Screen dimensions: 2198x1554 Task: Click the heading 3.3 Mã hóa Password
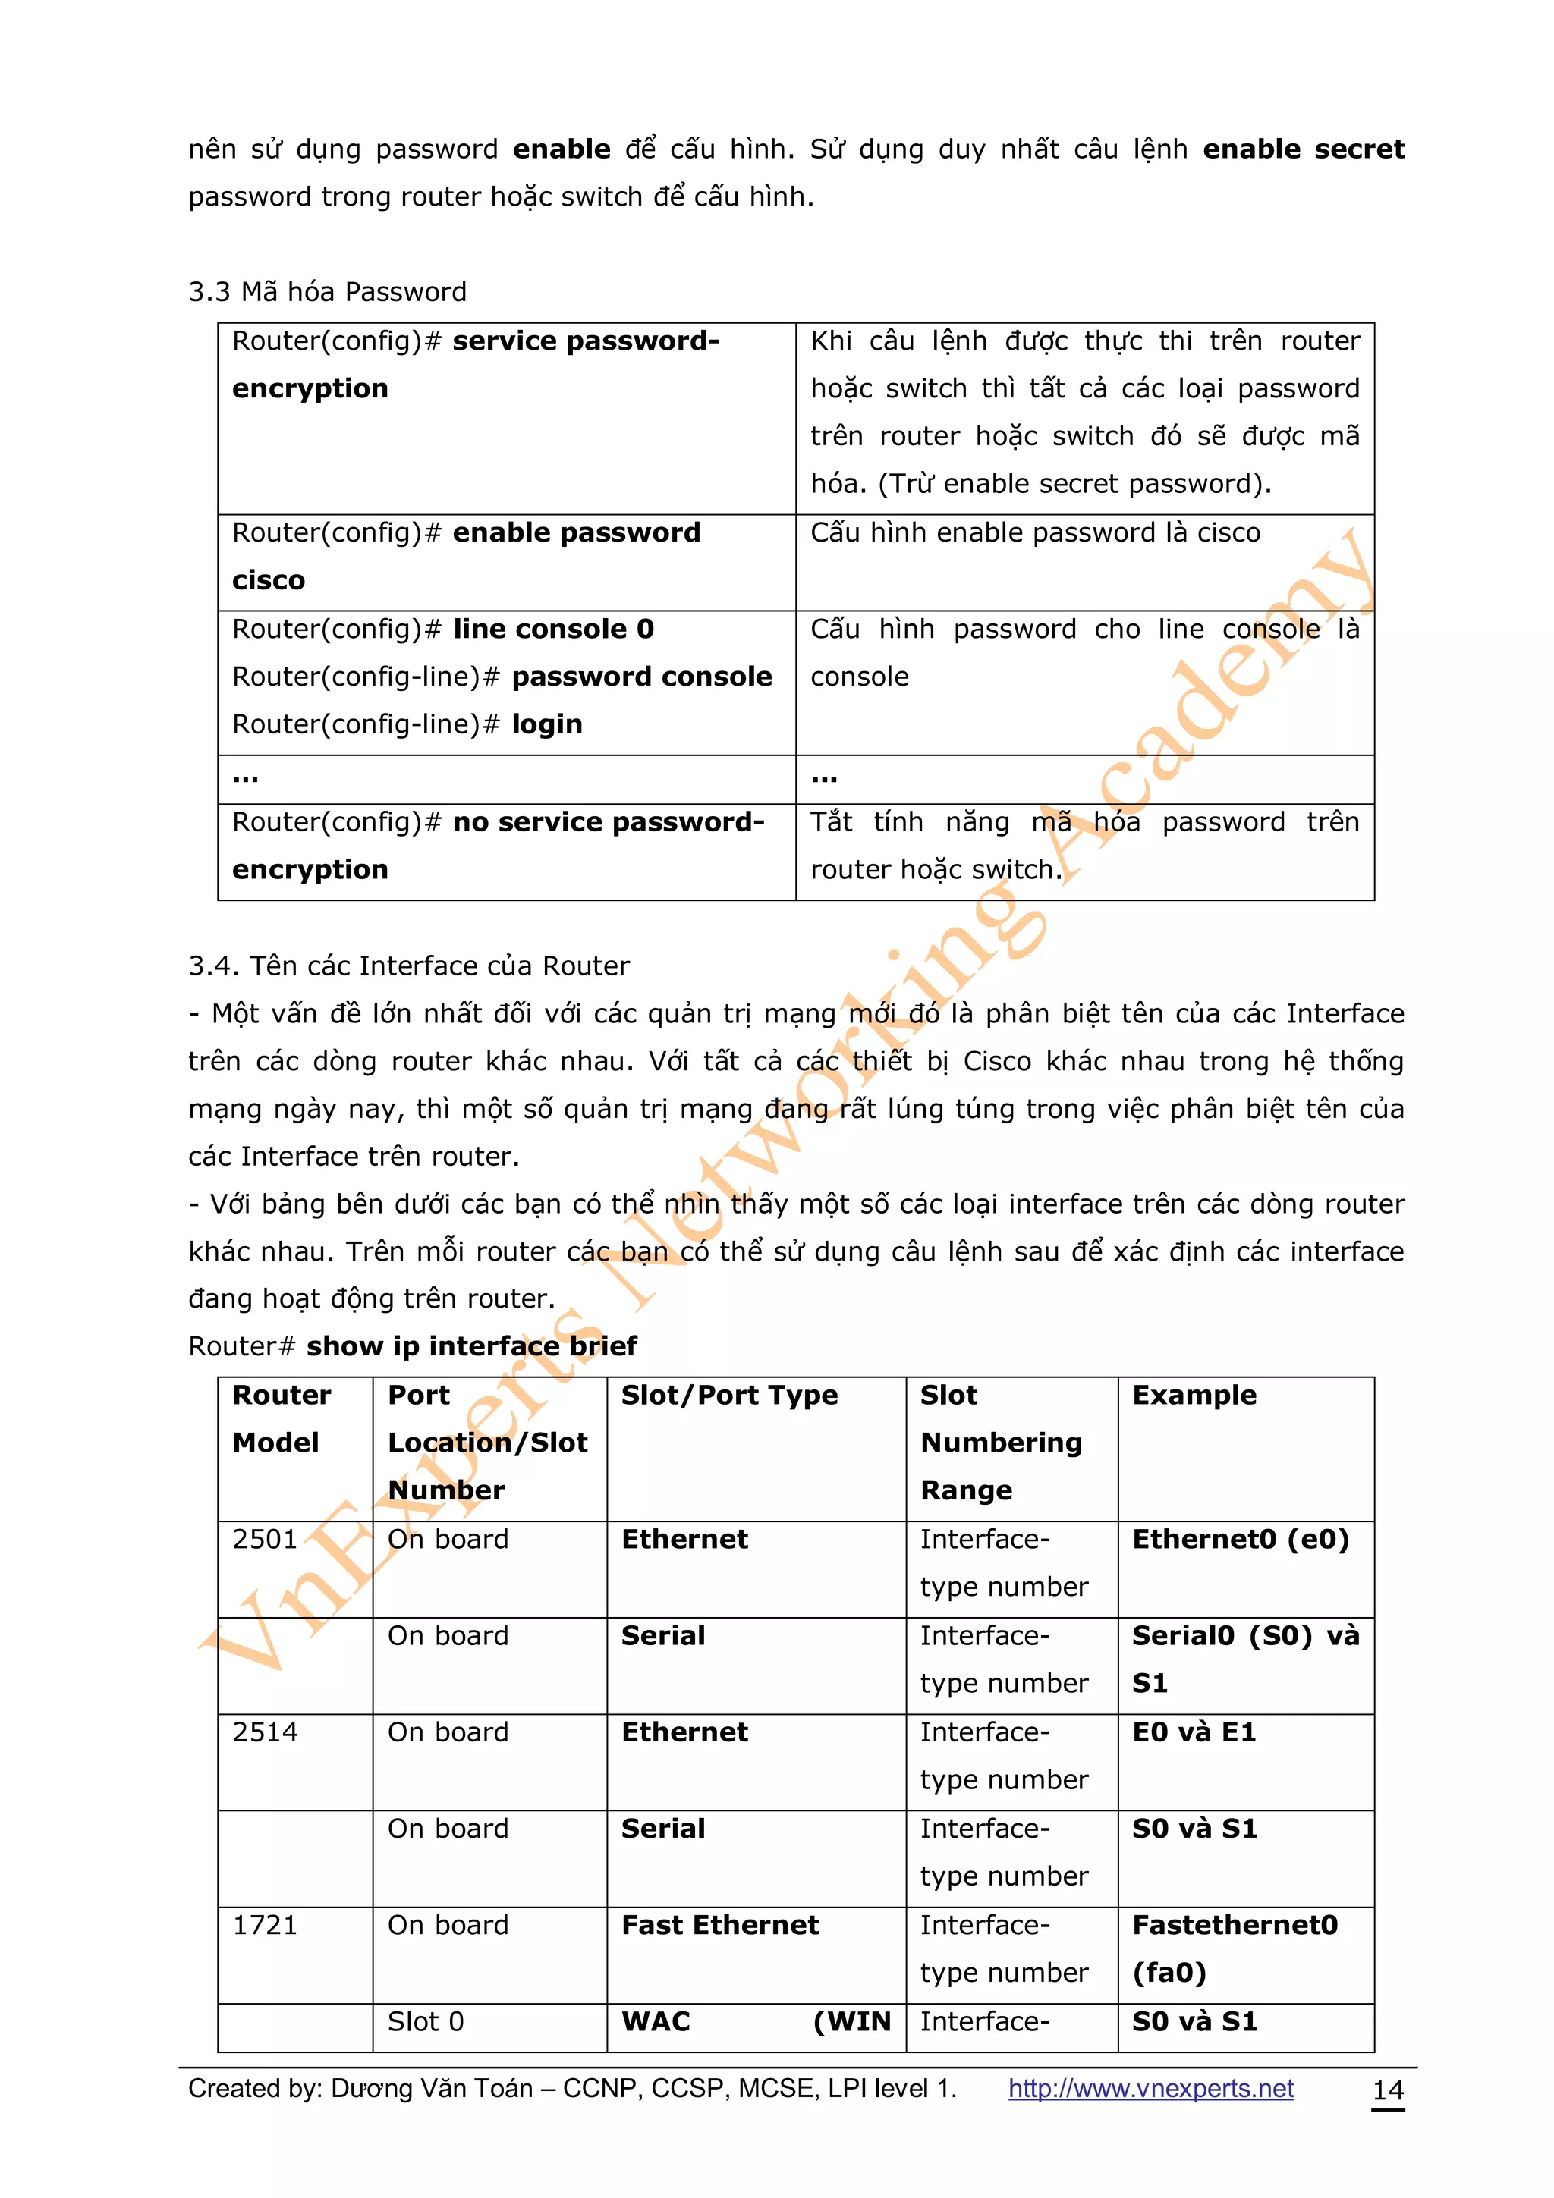click(x=328, y=292)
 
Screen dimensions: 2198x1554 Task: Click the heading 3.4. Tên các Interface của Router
click(x=409, y=966)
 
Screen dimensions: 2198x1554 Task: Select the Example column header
click(x=1194, y=1395)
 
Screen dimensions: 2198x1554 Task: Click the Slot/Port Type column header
click(x=728, y=1395)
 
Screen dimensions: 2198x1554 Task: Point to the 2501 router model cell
click(x=266, y=1540)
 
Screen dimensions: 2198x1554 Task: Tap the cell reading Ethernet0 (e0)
click(x=1240, y=1540)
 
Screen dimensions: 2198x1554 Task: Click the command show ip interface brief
click(x=471, y=1346)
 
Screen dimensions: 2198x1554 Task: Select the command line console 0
click(x=553, y=629)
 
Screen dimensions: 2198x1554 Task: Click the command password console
click(x=641, y=677)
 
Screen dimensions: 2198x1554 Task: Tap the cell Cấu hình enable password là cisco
click(x=1035, y=533)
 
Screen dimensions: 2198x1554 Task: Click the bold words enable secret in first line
click(x=1303, y=149)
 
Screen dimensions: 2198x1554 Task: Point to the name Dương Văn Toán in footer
click(x=431, y=2089)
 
